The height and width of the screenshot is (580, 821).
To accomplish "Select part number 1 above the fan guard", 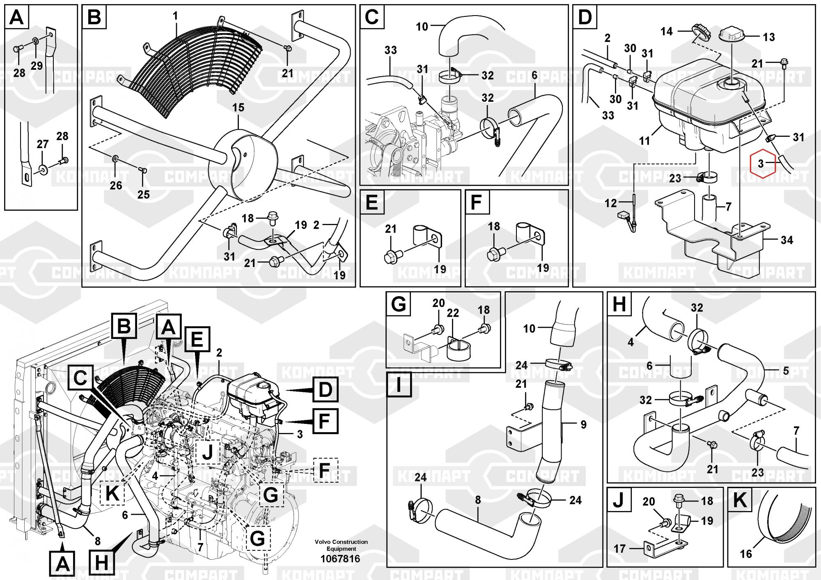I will click(175, 16).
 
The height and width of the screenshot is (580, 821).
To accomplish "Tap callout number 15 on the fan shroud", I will click(238, 108).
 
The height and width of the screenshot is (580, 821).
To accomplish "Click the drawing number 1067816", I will click(341, 559).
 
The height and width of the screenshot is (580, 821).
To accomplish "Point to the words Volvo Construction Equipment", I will click(341, 545).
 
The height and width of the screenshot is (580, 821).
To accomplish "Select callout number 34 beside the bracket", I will click(787, 240).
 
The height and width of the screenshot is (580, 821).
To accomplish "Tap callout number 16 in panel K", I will click(745, 554).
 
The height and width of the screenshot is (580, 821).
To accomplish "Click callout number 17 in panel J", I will click(619, 548).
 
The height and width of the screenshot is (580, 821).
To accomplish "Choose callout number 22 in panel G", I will click(452, 313).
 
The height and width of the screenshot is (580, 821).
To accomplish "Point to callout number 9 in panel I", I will click(583, 425).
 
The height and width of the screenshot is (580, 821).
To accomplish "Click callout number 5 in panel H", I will click(786, 371).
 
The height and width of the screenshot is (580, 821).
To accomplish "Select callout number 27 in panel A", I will click(43, 144).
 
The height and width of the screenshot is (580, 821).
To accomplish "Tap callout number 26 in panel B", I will click(116, 185).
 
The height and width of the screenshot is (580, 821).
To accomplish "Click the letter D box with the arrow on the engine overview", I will click(325, 389).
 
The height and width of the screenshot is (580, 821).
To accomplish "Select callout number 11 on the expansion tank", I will click(644, 140).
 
